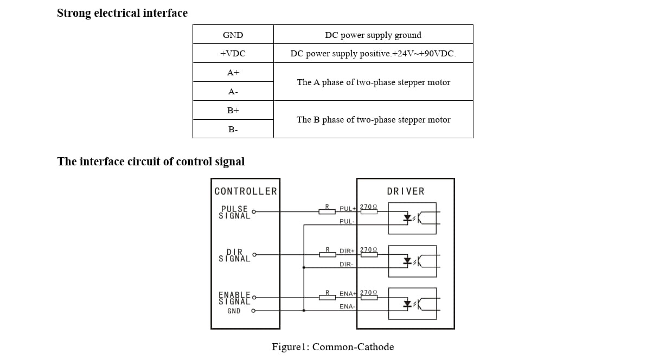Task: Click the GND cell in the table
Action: tap(233, 35)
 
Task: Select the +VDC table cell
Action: tap(233, 53)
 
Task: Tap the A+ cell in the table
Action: tap(233, 72)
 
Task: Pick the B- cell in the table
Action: tap(233, 129)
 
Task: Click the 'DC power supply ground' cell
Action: tap(373, 35)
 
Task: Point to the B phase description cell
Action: tap(373, 119)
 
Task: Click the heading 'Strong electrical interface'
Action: tap(122, 13)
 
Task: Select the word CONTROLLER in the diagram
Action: tap(246, 191)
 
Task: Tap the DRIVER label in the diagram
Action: tap(406, 191)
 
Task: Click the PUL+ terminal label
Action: tap(348, 208)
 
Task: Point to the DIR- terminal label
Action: tap(347, 264)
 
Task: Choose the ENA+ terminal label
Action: tap(348, 293)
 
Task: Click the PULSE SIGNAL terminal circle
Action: tap(254, 211)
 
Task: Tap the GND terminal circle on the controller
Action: tap(253, 311)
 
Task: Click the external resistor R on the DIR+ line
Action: tap(328, 254)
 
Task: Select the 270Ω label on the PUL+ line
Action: tap(368, 207)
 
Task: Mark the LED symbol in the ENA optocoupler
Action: tap(407, 304)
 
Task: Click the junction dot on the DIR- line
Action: tap(304, 267)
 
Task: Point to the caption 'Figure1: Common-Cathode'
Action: tap(332, 346)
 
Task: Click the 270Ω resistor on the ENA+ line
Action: tap(369, 297)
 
